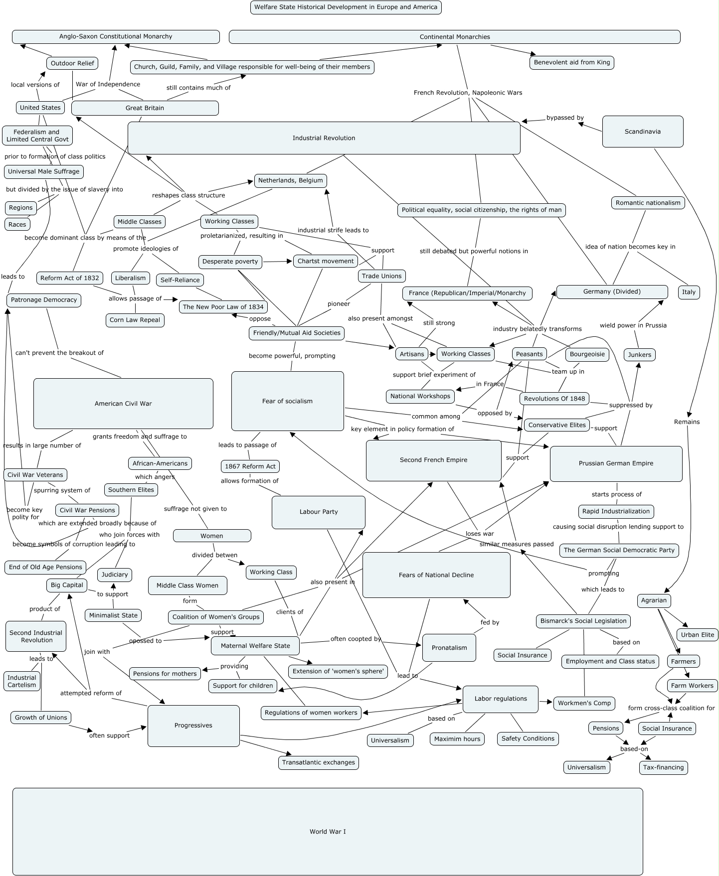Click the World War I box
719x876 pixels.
click(x=327, y=831)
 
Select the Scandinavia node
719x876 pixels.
click(x=642, y=132)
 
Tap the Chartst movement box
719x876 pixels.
click(x=325, y=261)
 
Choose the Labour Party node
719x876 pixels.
click(x=318, y=512)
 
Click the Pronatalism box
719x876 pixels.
click(x=449, y=648)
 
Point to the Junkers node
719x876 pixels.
click(x=639, y=355)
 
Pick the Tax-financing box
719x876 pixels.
click(x=663, y=767)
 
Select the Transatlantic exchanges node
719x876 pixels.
click(x=318, y=762)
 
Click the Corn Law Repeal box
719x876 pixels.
click(x=135, y=320)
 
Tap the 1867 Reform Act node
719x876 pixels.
click(x=250, y=466)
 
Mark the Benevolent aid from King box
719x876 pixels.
click(x=571, y=62)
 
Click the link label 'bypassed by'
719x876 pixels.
click(x=564, y=118)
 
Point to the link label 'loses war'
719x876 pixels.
click(x=479, y=533)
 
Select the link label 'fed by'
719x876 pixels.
click(x=489, y=622)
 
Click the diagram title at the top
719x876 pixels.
click(x=346, y=7)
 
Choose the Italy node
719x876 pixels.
click(x=688, y=292)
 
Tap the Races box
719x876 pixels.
click(x=17, y=224)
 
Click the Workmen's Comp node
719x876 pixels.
click(x=584, y=703)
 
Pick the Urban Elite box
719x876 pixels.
click(x=697, y=634)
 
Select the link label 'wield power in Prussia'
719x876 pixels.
click(x=633, y=325)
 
